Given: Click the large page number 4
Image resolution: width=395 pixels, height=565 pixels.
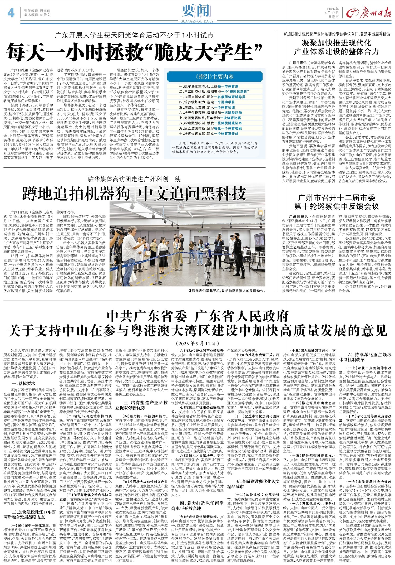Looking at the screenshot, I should pyautogui.click(x=11, y=12).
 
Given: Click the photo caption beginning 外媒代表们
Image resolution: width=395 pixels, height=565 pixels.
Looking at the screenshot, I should pyautogui.click(x=227, y=291).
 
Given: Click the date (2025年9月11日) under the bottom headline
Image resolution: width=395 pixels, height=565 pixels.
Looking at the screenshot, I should pyautogui.click(x=197, y=343).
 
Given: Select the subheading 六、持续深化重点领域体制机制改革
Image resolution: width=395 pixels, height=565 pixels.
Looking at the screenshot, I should pyautogui.click(x=365, y=357).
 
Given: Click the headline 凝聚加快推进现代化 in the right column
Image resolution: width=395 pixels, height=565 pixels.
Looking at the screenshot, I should pyautogui.click(x=336, y=43).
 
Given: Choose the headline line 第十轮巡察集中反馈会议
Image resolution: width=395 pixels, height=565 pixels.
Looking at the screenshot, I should pyautogui.click(x=336, y=206).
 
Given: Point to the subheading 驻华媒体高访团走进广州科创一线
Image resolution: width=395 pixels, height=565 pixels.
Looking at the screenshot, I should pyautogui.click(x=134, y=179).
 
